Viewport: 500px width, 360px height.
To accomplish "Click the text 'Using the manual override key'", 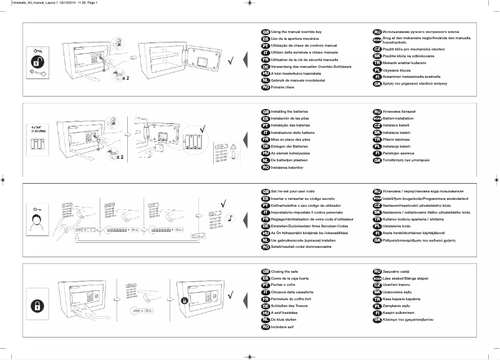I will [x=296, y=31].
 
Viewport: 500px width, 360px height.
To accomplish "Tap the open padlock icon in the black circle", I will [x=38, y=63].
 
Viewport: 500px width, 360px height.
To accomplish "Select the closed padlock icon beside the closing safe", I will [x=38, y=306].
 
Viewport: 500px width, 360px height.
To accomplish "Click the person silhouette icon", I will [x=38, y=221].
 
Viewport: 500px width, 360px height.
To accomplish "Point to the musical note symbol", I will [x=231, y=218].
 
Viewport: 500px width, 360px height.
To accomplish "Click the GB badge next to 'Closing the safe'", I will [x=265, y=272].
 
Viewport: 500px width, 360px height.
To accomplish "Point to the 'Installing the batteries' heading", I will [x=290, y=111].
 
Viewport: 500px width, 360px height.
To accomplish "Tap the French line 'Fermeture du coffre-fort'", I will [x=294, y=300].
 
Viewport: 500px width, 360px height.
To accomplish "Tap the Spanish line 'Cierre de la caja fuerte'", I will [x=295, y=278].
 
